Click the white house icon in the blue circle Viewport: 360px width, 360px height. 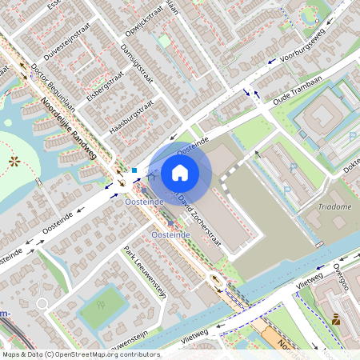pyautogui.click(x=180, y=172)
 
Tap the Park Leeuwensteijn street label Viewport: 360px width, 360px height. pyautogui.click(x=145, y=273)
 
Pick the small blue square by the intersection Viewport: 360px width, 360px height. pyautogui.click(x=135, y=170)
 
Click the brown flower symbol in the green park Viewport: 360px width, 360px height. pyautogui.click(x=14, y=162)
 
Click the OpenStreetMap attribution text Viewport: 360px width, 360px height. pyautogui.click(x=80, y=354)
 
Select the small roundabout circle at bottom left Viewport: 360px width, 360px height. pyautogui.click(x=42, y=304)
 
